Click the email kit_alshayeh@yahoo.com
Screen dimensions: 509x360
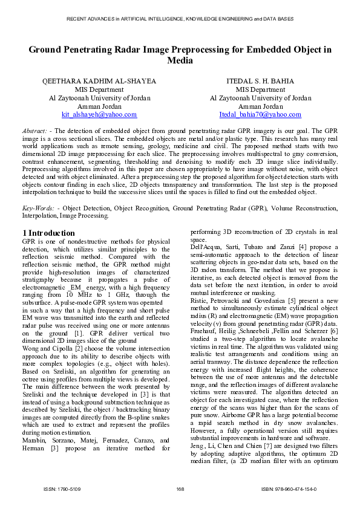click(x=99, y=114)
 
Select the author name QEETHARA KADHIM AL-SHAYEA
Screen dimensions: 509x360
click(x=99, y=81)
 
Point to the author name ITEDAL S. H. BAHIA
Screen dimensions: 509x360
click(x=260, y=81)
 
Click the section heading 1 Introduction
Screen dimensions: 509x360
click(x=48, y=233)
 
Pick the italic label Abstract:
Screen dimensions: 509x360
click(x=34, y=131)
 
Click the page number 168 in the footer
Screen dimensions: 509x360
click(x=180, y=488)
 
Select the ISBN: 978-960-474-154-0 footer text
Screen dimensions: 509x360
click(x=289, y=488)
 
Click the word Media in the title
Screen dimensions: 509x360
click(x=180, y=60)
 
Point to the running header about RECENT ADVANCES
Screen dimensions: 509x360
click(x=180, y=19)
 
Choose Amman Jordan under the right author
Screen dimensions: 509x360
click(x=260, y=106)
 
